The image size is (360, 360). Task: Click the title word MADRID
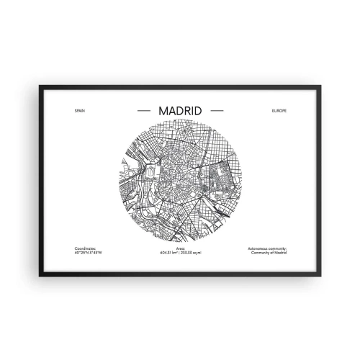(179, 112)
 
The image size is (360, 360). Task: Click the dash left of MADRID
(142, 112)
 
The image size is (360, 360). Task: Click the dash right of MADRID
(217, 112)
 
